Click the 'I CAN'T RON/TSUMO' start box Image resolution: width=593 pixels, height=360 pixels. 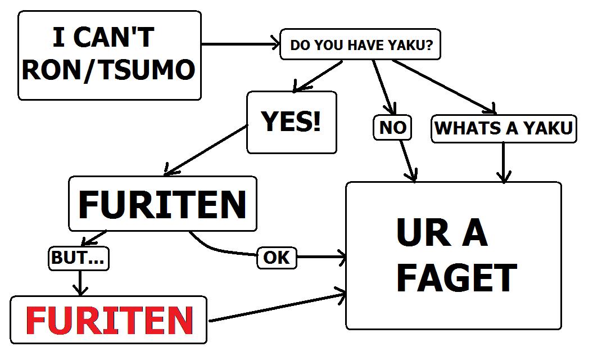pyautogui.click(x=110, y=55)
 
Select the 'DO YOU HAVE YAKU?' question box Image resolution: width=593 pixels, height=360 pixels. pyautogui.click(x=360, y=45)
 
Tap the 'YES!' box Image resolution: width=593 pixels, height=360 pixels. pyautogui.click(x=291, y=122)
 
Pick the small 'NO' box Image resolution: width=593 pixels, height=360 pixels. pyautogui.click(x=392, y=128)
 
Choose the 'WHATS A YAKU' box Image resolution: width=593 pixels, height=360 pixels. pyautogui.click(x=503, y=128)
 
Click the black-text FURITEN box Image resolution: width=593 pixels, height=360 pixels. pyautogui.click(x=162, y=204)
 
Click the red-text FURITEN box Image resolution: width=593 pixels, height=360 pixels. pyautogui.click(x=109, y=319)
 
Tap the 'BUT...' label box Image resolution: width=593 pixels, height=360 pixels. pyautogui.click(x=79, y=258)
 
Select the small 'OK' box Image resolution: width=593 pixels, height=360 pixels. pyautogui.click(x=277, y=258)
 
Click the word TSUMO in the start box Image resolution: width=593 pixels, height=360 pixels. pyautogui.click(x=143, y=71)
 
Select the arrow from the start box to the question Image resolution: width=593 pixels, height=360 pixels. pyautogui.click(x=241, y=44)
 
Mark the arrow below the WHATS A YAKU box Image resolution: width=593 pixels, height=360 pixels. pyautogui.click(x=504, y=163)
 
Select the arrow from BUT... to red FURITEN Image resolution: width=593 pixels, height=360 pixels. pyautogui.click(x=82, y=283)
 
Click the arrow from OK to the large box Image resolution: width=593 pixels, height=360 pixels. pyautogui.click(x=321, y=258)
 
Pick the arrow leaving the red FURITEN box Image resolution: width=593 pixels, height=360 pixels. pyautogui.click(x=275, y=307)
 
